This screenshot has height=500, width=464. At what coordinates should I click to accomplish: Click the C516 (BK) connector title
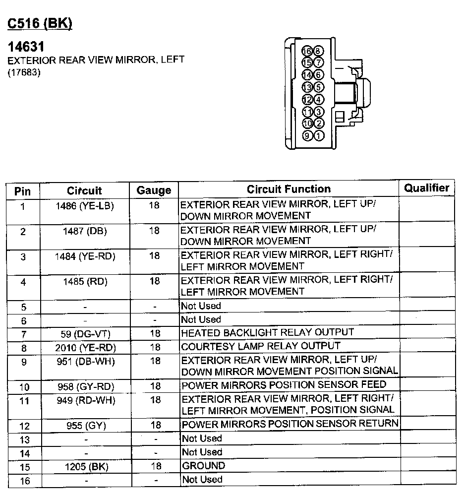coord(39,24)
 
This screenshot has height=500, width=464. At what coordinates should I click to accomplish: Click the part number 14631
coord(26,47)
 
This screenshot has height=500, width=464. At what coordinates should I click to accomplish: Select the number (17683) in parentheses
coord(24,72)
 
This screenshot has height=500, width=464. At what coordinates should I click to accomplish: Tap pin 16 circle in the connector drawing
coord(307,51)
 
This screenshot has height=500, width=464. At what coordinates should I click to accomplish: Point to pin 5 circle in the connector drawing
coord(319,87)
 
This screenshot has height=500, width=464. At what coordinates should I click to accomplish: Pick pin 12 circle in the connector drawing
coord(307,99)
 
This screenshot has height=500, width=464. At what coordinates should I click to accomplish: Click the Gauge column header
coord(154,190)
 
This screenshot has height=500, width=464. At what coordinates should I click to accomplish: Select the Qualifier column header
coord(426,188)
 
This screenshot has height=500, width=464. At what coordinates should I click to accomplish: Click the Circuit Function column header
coord(289,189)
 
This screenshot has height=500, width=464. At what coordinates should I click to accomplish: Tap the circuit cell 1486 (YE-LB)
coord(85,205)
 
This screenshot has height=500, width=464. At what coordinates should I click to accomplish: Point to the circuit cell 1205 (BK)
coord(85,467)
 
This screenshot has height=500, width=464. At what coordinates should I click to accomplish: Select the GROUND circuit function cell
coord(203,466)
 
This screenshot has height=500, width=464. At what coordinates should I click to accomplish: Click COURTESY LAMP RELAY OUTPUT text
coord(261,346)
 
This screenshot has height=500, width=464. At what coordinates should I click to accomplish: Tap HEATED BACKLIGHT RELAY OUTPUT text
coord(267,332)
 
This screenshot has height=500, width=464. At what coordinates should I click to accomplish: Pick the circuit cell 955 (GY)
coord(85,425)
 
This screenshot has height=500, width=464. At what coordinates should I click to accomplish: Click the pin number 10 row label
coord(23,387)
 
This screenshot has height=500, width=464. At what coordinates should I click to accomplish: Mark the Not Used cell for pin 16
coord(202,480)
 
